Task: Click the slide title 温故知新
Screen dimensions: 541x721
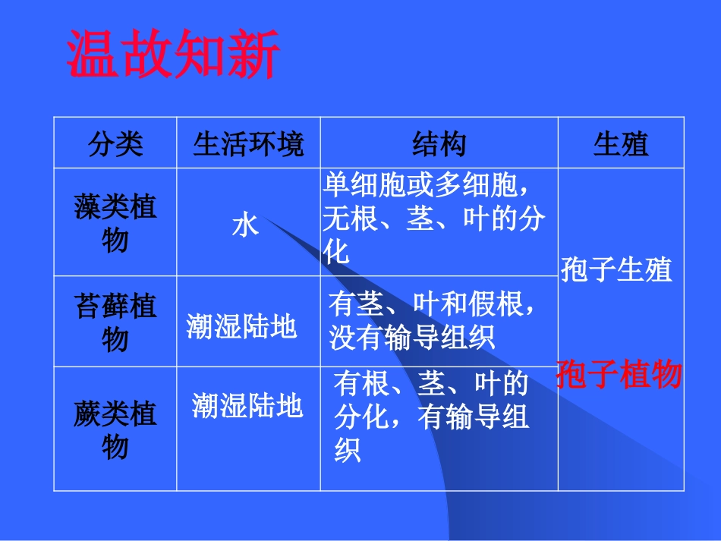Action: [174, 54]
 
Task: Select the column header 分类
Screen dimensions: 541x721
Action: [115, 143]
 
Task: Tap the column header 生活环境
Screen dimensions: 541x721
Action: [248, 143]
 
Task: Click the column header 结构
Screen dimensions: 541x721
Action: [439, 143]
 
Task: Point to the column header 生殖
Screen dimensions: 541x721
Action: [621, 143]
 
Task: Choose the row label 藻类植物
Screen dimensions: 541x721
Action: [115, 223]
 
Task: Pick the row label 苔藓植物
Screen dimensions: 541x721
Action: [115, 322]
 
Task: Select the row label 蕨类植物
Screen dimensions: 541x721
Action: [115, 430]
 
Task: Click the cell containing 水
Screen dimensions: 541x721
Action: [245, 225]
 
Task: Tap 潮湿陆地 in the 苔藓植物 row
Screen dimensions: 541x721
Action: [242, 326]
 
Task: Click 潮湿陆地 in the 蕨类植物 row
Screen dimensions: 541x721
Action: [247, 406]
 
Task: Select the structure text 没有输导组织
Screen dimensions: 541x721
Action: [412, 337]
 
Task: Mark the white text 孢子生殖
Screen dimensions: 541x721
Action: [616, 269]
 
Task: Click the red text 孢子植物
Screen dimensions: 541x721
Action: [619, 375]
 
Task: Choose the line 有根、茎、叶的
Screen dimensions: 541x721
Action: [430, 385]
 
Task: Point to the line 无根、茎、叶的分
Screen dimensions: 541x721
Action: [434, 219]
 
